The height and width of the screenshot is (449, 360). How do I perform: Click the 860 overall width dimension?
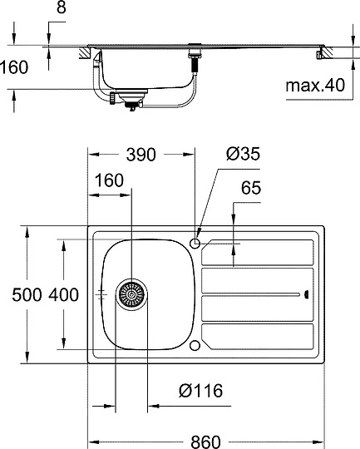(205, 442)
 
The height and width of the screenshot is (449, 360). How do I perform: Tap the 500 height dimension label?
(27, 294)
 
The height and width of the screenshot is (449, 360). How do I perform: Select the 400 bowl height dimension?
(63, 294)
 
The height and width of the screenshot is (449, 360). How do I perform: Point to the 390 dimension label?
(141, 155)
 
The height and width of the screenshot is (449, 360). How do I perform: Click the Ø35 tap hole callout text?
(243, 154)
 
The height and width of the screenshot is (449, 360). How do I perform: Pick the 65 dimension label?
(251, 188)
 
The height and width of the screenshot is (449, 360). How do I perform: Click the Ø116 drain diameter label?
(200, 390)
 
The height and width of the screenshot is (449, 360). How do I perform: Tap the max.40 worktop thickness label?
(315, 86)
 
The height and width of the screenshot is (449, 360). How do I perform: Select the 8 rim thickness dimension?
(62, 7)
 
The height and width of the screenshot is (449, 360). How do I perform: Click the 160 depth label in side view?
(14, 67)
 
